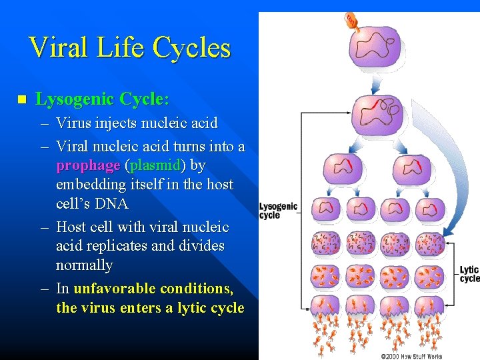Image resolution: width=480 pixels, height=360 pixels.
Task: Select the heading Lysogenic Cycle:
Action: [x=102, y=99]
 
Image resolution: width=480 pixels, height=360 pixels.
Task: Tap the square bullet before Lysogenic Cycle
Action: [x=21, y=100]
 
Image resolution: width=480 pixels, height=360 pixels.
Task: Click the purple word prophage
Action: [x=88, y=165]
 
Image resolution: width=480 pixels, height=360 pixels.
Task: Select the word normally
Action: [x=84, y=265]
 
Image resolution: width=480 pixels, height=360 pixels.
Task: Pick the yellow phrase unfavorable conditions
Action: [x=153, y=289]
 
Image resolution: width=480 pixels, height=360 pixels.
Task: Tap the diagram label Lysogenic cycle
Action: [x=277, y=211]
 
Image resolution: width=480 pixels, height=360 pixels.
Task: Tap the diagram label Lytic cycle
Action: [x=469, y=274]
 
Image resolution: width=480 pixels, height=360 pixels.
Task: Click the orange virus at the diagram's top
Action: [x=352, y=21]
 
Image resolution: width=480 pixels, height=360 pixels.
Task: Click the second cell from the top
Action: [x=377, y=110]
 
